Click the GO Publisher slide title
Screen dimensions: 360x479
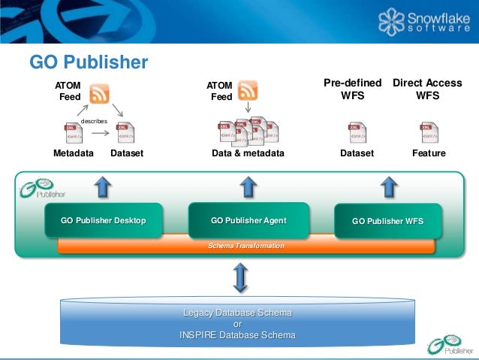pyautogui.click(x=89, y=62)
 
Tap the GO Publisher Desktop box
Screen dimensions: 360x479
pyautogui.click(x=104, y=221)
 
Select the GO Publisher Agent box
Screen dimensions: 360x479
pyautogui.click(x=249, y=221)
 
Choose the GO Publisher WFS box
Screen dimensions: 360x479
pyautogui.click(x=387, y=222)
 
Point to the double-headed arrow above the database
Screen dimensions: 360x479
pyautogui.click(x=240, y=278)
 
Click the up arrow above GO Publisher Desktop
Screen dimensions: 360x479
pyautogui.click(x=104, y=186)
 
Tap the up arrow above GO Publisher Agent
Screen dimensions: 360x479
pyautogui.click(x=249, y=186)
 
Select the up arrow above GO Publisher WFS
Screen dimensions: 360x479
pyautogui.click(x=388, y=186)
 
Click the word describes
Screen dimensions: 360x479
pyautogui.click(x=95, y=120)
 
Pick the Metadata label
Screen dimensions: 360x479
pyautogui.click(x=74, y=153)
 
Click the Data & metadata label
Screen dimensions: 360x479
pyautogui.click(x=249, y=153)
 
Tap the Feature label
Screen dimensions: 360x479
pyautogui.click(x=429, y=153)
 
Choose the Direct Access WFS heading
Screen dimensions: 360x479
pyautogui.click(x=427, y=89)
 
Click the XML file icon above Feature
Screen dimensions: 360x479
pyautogui.click(x=429, y=132)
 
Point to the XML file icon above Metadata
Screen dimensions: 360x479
pyautogui.click(x=74, y=133)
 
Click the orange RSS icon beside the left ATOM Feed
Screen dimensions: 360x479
pyautogui.click(x=99, y=94)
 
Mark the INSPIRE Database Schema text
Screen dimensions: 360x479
pyautogui.click(x=237, y=335)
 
